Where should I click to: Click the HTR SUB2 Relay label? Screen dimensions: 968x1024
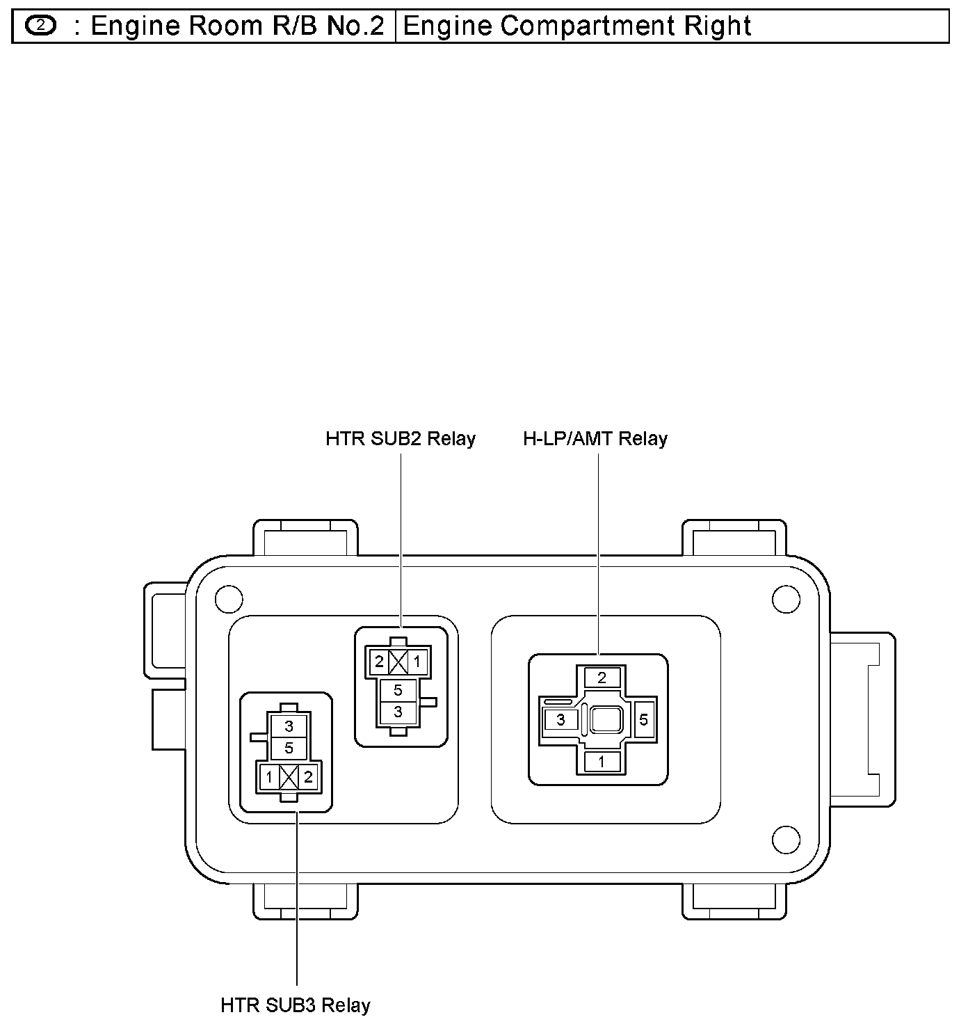pyautogui.click(x=401, y=439)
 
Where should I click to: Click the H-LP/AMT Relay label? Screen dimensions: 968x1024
pyautogui.click(x=595, y=439)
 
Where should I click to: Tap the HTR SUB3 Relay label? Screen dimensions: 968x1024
pyautogui.click(x=296, y=1005)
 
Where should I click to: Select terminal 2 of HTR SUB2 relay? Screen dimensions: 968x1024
pyautogui.click(x=379, y=662)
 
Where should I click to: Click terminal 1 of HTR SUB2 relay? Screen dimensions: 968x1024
pyautogui.click(x=417, y=662)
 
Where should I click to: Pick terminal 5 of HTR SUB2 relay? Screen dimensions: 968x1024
pyautogui.click(x=398, y=691)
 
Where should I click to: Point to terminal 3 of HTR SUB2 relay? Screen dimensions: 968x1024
pyautogui.click(x=398, y=712)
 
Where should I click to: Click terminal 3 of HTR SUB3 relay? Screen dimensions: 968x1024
pyautogui.click(x=289, y=726)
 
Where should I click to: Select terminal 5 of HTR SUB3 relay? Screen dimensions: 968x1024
pyautogui.click(x=289, y=748)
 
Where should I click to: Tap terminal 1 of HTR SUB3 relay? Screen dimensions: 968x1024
pyautogui.click(x=269, y=778)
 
